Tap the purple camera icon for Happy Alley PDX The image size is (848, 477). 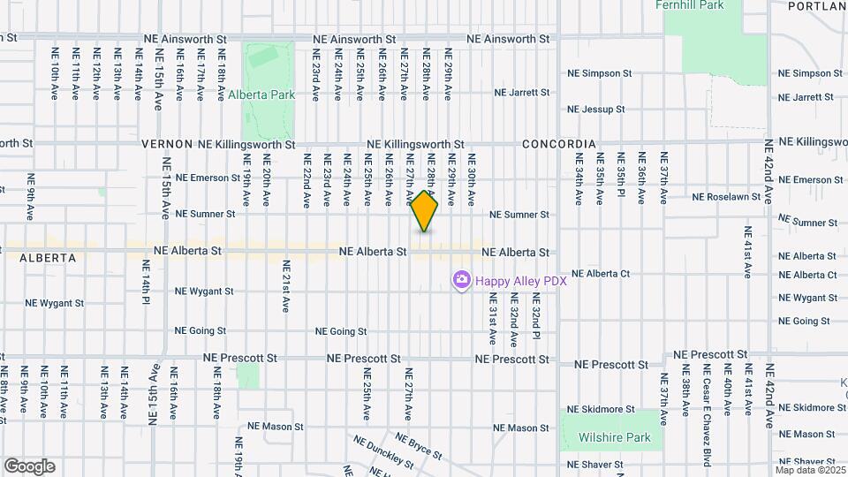(x=461, y=281)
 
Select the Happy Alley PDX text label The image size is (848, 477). (x=520, y=281)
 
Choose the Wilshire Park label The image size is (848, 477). (x=614, y=437)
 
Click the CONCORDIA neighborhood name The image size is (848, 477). (x=558, y=144)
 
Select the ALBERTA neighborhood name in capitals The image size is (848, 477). (x=46, y=259)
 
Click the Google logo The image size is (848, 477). (x=29, y=466)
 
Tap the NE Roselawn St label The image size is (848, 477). (x=726, y=197)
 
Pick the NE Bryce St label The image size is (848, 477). (x=420, y=446)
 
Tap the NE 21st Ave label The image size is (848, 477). (x=285, y=286)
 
